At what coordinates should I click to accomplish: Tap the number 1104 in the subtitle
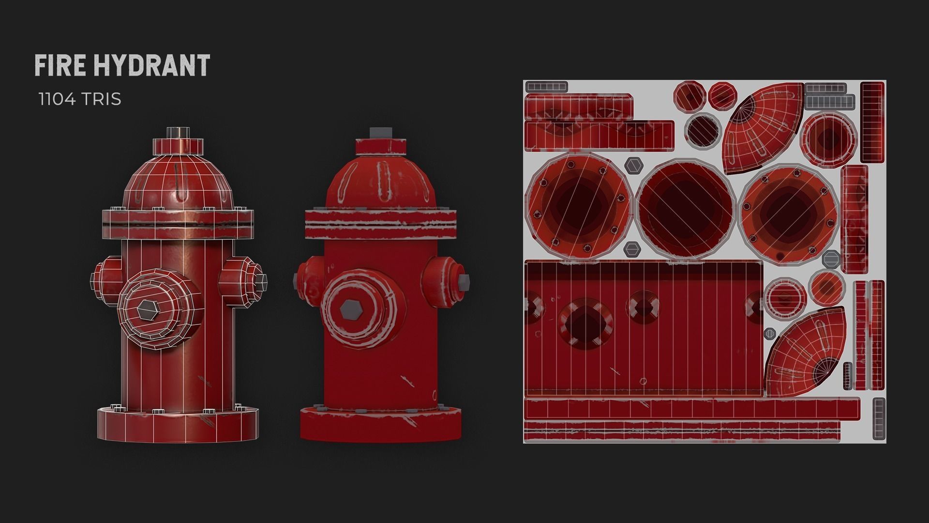point(56,99)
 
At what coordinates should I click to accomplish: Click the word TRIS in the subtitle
point(101,99)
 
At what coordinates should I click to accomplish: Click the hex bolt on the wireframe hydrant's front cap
point(147,309)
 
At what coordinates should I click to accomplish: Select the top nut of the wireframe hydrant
point(178,133)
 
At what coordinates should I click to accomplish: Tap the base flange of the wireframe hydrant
point(178,426)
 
